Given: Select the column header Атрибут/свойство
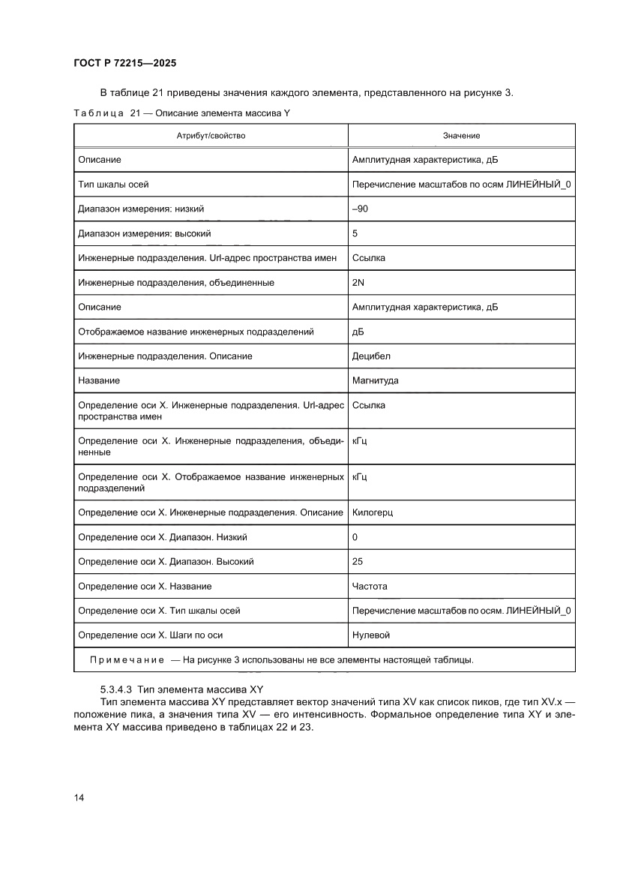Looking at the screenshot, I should tap(211, 136).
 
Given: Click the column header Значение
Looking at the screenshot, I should tap(461, 136).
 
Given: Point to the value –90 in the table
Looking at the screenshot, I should tap(360, 209).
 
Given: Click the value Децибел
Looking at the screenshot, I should tap(371, 356).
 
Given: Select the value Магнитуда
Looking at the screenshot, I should tap(375, 380).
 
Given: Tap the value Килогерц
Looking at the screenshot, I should tap(373, 512).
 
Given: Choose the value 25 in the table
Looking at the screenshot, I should tap(357, 561).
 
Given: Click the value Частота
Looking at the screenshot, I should tap(370, 586).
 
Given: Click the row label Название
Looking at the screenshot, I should tap(99, 380).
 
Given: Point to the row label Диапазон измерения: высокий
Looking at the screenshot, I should tap(145, 233).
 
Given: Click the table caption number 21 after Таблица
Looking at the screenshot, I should tap(135, 113).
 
